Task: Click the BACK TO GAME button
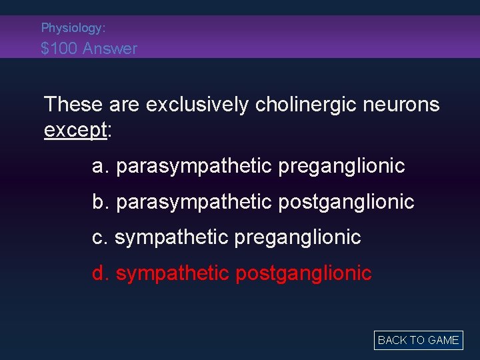[x=418, y=340]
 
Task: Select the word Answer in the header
[x=115, y=48]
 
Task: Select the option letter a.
[x=99, y=166]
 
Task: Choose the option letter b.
[x=99, y=201]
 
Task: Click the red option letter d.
[x=99, y=273]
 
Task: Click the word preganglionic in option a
[x=341, y=166]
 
